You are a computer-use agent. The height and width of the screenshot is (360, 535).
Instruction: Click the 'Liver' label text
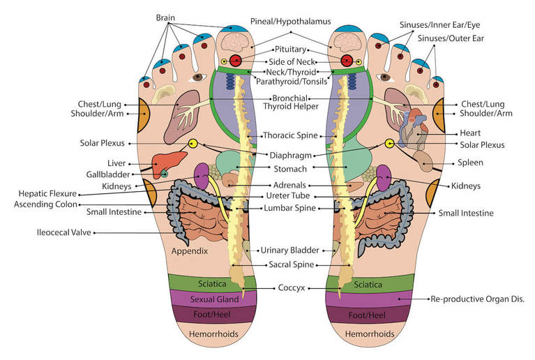click(116, 163)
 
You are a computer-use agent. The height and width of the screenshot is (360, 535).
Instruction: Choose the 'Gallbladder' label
click(105, 174)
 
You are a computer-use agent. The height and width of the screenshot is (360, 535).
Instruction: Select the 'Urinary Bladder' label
click(289, 250)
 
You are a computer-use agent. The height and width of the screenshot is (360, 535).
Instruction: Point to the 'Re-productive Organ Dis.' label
click(478, 299)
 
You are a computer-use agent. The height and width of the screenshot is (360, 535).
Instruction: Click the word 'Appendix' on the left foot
click(189, 250)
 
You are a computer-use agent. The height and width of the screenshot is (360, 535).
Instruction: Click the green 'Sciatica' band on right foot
click(368, 284)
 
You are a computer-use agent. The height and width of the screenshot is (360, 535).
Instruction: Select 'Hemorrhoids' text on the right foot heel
click(368, 334)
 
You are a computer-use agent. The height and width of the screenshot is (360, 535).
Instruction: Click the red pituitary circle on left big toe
click(236, 61)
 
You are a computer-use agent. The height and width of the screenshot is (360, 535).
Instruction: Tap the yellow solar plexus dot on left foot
click(193, 144)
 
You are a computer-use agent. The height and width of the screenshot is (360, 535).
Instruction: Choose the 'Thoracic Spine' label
click(289, 135)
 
